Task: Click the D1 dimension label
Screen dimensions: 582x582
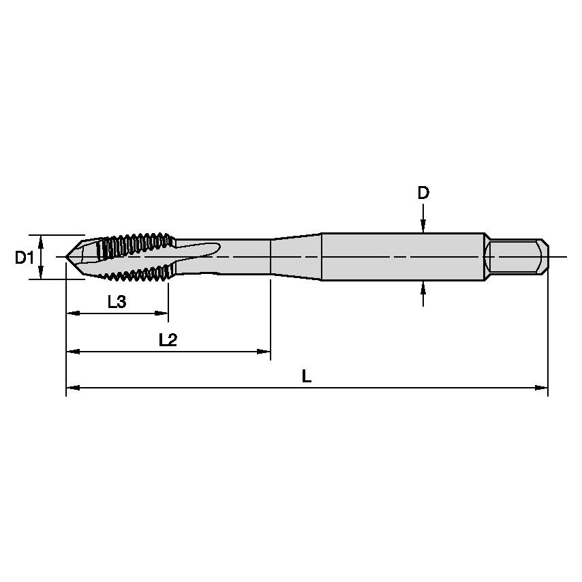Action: (x=24, y=258)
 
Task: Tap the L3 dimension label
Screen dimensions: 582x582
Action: (x=117, y=302)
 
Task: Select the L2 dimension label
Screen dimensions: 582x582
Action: (x=168, y=340)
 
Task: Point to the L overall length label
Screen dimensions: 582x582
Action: (x=307, y=376)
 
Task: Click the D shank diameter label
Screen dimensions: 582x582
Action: (x=423, y=194)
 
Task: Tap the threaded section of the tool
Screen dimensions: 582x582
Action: (x=133, y=257)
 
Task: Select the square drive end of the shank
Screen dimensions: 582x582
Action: (x=517, y=257)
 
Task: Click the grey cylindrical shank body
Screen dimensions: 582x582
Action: (x=402, y=257)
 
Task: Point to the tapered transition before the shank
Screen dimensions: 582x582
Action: (x=296, y=257)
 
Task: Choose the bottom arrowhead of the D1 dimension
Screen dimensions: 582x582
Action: (x=42, y=275)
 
